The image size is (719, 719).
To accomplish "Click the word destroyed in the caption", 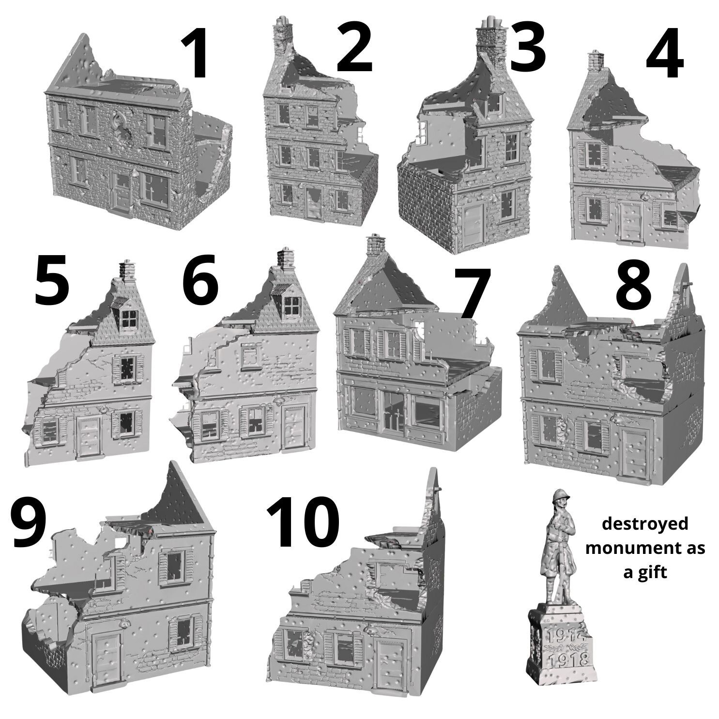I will click(x=645, y=524).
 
